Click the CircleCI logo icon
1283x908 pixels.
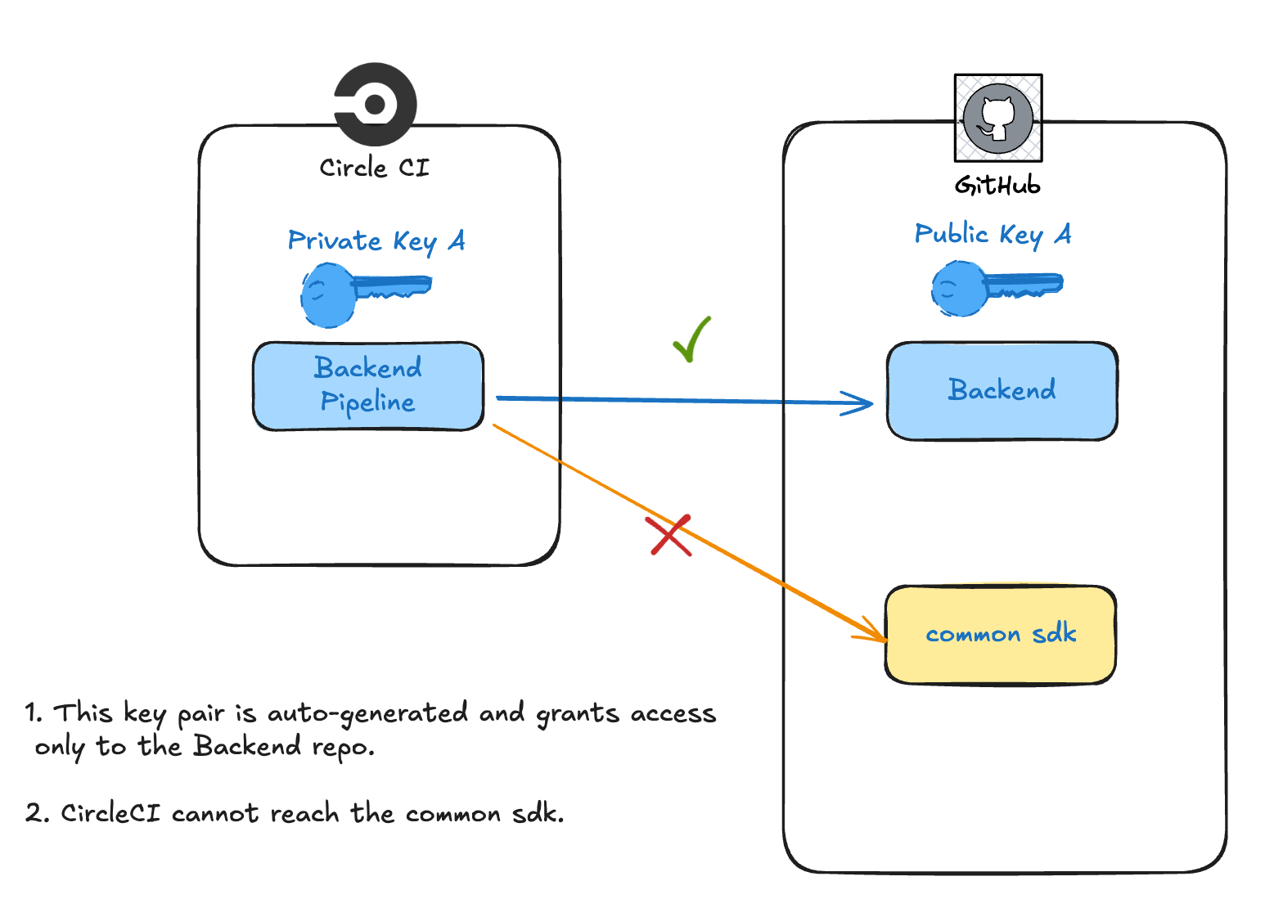[x=376, y=104]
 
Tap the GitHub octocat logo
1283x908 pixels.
[x=997, y=118]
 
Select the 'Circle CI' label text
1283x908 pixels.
[x=374, y=168]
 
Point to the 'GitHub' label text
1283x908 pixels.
[x=997, y=186]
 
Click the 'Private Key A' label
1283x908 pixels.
[x=376, y=240]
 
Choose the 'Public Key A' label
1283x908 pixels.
[x=993, y=234]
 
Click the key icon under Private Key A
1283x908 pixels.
[x=364, y=292]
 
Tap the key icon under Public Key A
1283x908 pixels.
[x=996, y=287]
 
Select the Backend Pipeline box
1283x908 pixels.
[x=368, y=385]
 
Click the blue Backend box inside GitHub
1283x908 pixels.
[x=1002, y=390]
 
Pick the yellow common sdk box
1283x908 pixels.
[x=1000, y=634]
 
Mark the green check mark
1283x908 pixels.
[x=691, y=339]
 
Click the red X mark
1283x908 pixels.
[x=670, y=536]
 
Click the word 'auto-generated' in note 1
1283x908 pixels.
[x=367, y=713]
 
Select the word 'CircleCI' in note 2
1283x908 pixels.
[x=110, y=813]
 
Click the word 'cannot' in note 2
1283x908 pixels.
[x=215, y=813]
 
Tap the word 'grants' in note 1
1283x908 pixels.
[x=578, y=714]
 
